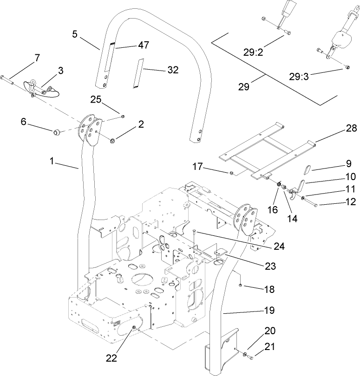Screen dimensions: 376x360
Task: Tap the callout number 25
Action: tap(96, 100)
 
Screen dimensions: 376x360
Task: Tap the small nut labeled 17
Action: tap(230, 174)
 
